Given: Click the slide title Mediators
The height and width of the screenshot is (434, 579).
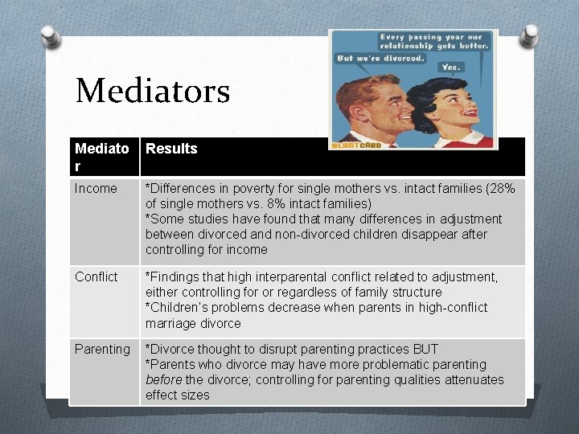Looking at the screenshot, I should coord(152,91).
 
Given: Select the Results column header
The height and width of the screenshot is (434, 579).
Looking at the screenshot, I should coord(171,149).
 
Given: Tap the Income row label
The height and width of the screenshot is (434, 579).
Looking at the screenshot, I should coord(96,189).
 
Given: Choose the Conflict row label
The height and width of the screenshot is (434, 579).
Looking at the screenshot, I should coord(96,277).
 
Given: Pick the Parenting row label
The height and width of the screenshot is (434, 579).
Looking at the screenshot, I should coord(102,350).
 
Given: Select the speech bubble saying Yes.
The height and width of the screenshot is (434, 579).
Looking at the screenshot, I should coord(451,68).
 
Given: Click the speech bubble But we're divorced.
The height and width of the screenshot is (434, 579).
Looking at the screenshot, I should coord(381,59).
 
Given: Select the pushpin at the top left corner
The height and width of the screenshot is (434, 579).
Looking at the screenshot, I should coord(48,36).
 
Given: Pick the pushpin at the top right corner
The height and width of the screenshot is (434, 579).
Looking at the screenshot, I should coord(531,36).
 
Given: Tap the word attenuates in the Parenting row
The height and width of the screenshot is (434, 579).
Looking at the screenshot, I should coord(474,380).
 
